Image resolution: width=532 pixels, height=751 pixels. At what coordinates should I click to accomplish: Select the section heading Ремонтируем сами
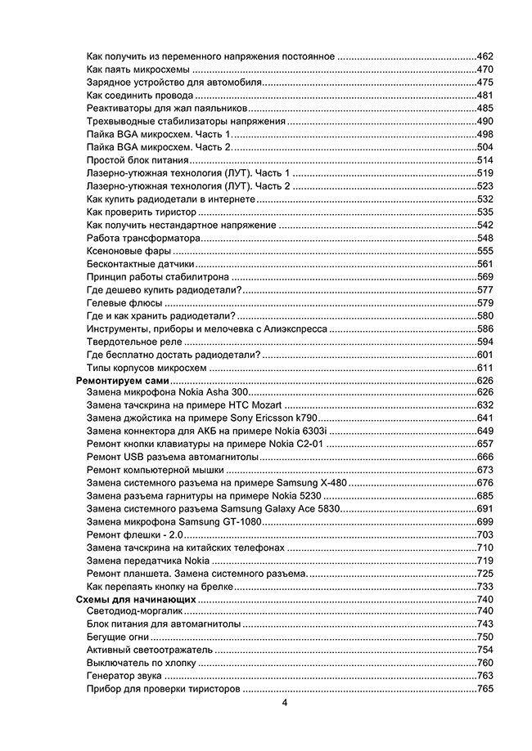coord(122,381)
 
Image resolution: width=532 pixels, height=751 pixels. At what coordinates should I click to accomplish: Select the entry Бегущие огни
coord(117,637)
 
